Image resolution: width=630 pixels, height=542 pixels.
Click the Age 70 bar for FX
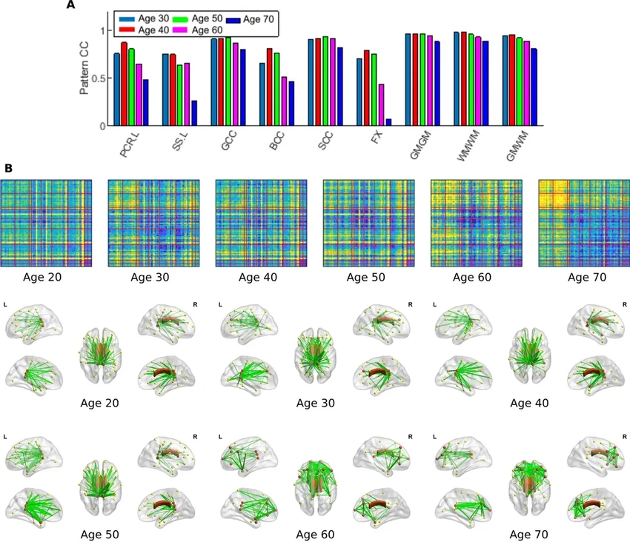388,122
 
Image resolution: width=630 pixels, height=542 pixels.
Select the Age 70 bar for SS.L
194,113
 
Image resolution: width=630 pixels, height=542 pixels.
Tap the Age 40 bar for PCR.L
124,84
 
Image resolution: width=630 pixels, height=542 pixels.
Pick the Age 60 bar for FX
381,105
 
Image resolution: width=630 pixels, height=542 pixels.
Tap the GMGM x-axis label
417,143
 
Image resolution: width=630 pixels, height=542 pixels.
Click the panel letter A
70,5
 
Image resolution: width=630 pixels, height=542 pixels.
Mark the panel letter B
8,168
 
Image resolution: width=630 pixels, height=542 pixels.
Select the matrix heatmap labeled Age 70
583,223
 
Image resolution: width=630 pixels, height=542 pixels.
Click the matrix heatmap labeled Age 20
46,223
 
